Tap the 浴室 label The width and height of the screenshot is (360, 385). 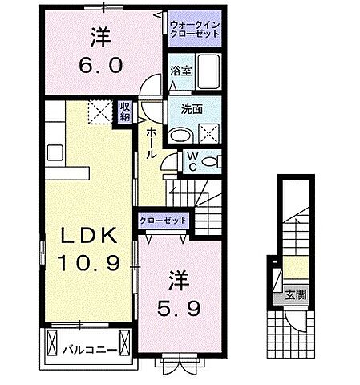(x=180, y=71)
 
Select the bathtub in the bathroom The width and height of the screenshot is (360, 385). (x=211, y=74)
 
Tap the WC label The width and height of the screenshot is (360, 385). (x=192, y=161)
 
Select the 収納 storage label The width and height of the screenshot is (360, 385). (x=126, y=111)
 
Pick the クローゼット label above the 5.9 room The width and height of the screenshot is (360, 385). (x=164, y=220)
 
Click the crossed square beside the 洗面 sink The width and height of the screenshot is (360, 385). (x=209, y=132)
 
